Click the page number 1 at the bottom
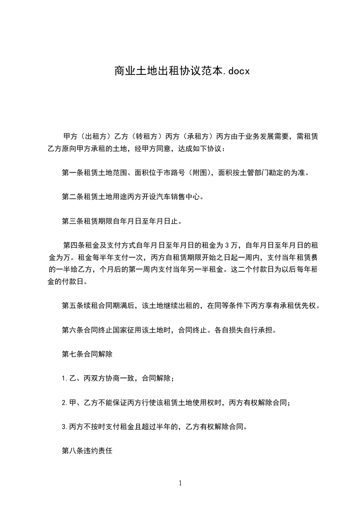click(180, 484)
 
